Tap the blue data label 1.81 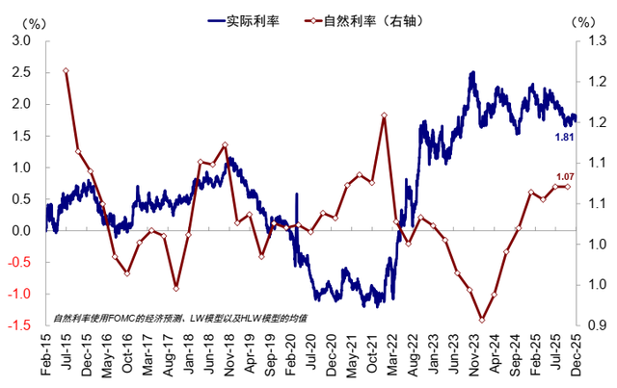(x=564, y=138)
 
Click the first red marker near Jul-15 (x=66, y=70)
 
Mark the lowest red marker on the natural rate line (x=481, y=321)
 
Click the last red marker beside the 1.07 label (x=566, y=186)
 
